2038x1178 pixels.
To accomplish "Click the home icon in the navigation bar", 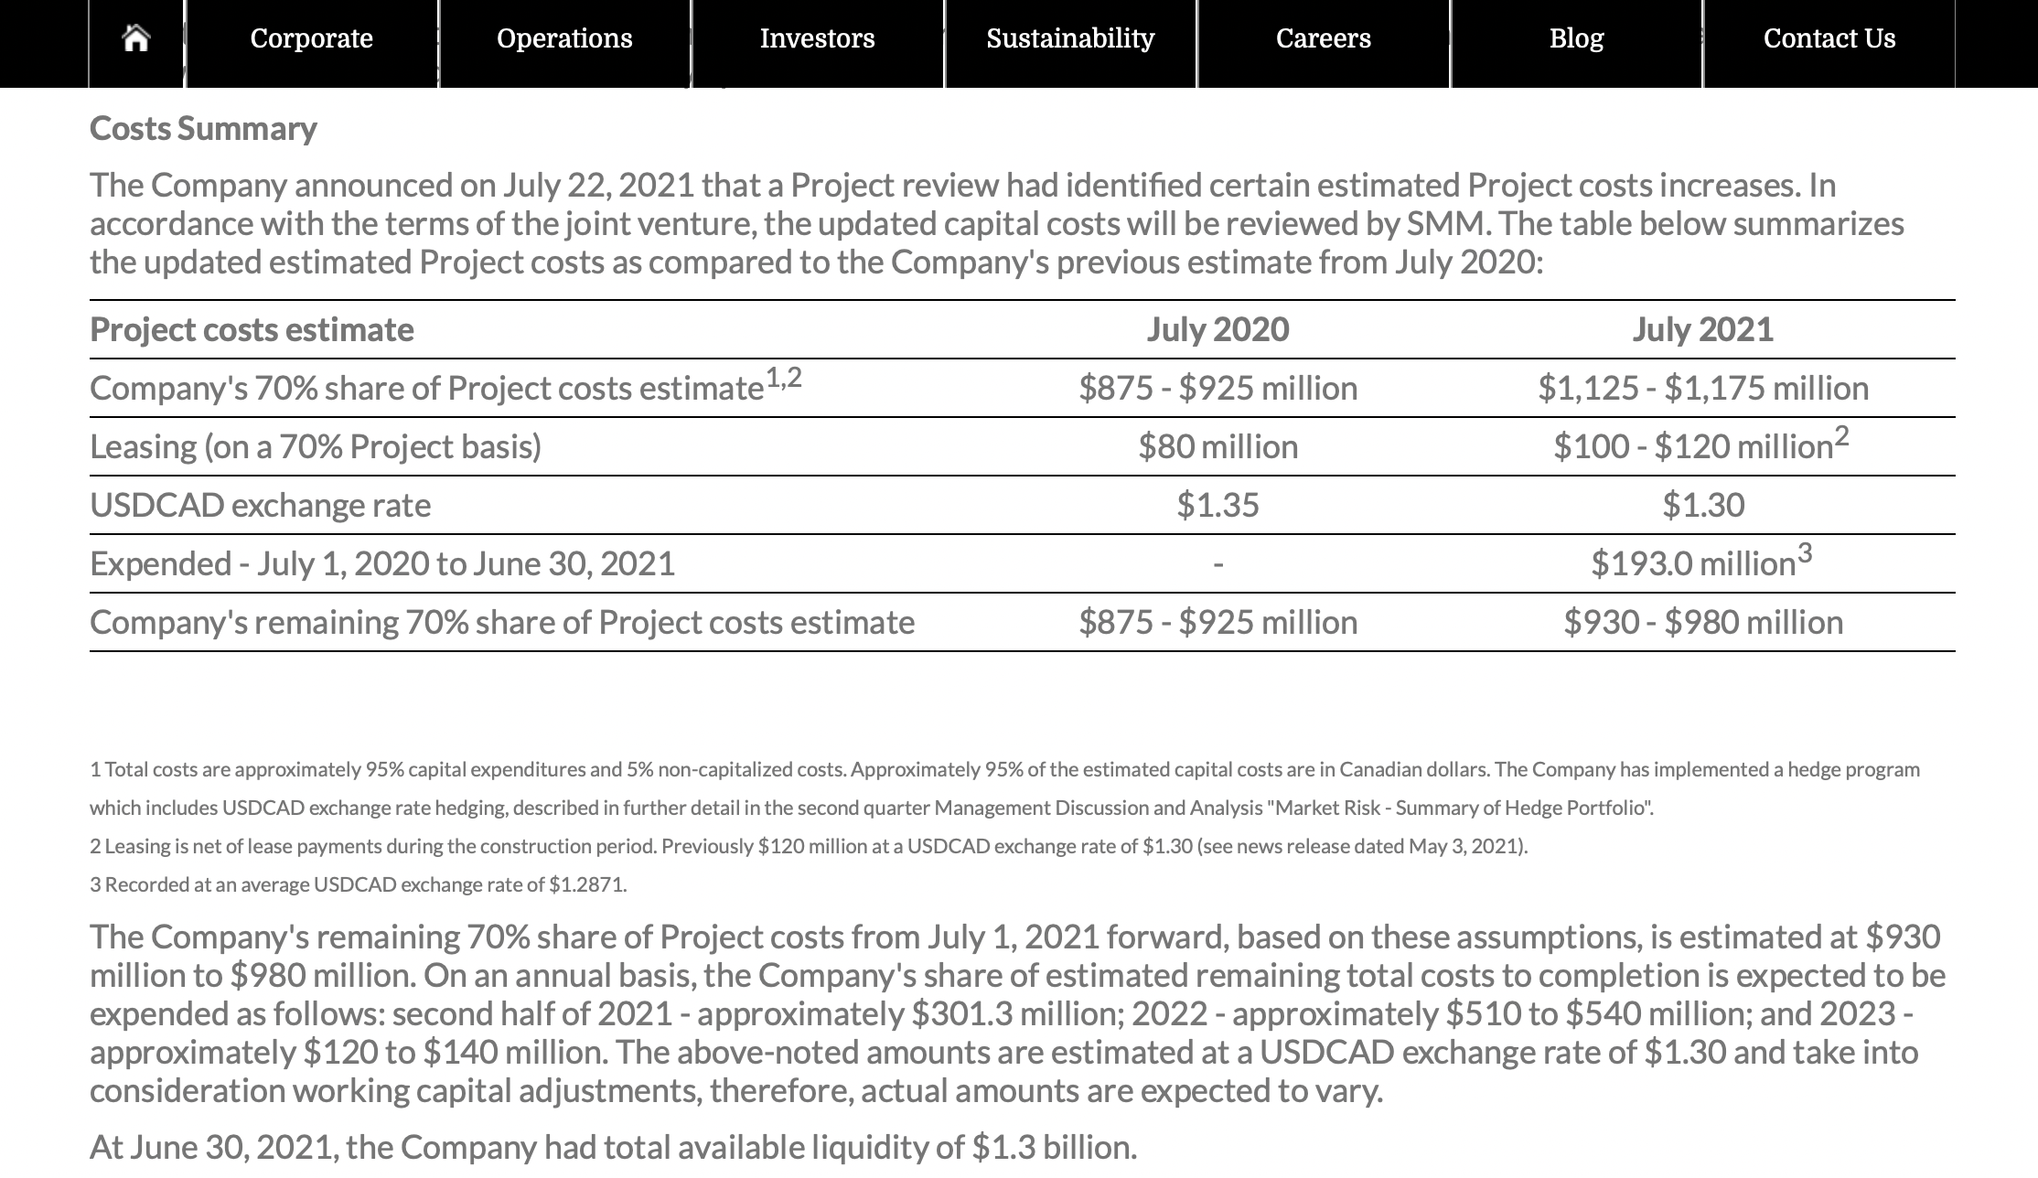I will tap(136, 38).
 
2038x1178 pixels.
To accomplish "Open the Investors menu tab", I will tap(817, 38).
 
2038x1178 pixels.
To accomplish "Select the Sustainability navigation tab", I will tap(1070, 38).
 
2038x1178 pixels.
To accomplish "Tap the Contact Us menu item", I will tap(1829, 38).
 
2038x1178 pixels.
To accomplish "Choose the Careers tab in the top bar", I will tap(1323, 38).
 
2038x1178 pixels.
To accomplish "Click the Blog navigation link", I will tap(1576, 38).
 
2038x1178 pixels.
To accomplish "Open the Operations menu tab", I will tap(564, 38).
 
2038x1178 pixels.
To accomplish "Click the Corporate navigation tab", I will tap(311, 38).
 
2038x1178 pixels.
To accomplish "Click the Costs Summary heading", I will tap(203, 129).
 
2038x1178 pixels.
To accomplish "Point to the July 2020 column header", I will tap(1217, 329).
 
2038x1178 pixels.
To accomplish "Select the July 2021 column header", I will tap(1702, 329).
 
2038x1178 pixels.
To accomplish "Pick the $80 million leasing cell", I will tap(1217, 446).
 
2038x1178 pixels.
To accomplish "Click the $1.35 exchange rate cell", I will tap(1217, 505).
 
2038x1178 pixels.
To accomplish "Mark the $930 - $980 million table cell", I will tap(1702, 622).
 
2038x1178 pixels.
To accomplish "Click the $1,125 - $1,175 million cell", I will tap(1702, 388).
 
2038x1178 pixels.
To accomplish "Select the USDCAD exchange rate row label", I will tap(260, 505).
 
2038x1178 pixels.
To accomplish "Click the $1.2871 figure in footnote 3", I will tap(586, 884).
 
